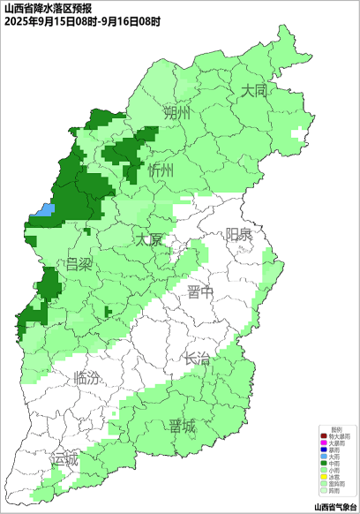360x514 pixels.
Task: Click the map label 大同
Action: pos(254,91)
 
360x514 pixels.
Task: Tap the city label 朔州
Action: pos(176,114)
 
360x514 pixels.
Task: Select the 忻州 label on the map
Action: pos(161,170)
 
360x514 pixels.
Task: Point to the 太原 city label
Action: pos(149,240)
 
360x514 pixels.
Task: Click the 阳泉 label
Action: pos(237,234)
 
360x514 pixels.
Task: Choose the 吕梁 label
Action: pos(78,265)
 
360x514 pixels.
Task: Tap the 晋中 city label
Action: pos(200,293)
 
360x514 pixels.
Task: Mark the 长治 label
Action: pos(197,359)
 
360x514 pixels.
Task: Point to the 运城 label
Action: pos(64,459)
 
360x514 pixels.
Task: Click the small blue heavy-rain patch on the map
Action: pos(44,210)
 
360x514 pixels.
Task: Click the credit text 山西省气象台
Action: pos(335,507)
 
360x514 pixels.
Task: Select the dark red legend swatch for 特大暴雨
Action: pos(324,436)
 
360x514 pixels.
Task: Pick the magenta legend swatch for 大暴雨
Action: pos(324,442)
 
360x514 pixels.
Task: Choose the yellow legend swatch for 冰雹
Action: pos(324,478)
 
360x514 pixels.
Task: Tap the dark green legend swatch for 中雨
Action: pos(324,463)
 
